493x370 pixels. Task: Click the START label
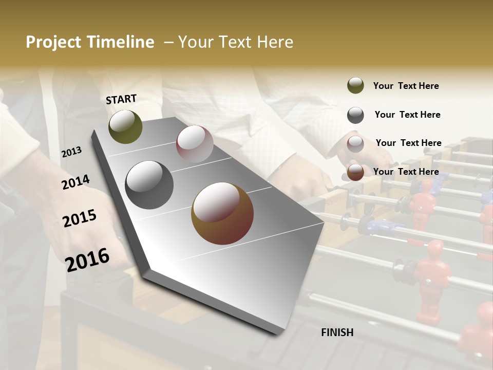(121, 99)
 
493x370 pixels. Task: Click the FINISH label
(337, 332)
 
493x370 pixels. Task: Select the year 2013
(71, 152)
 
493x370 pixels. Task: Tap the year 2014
(75, 182)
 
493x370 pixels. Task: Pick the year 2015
(80, 218)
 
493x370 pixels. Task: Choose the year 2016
(87, 260)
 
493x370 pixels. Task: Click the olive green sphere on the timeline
(125, 126)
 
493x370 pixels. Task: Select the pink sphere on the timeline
(195, 144)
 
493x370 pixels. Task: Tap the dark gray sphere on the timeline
(149, 184)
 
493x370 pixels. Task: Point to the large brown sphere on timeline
(222, 213)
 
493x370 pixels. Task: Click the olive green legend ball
(355, 86)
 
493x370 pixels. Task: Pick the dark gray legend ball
(355, 115)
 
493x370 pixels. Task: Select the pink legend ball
(355, 144)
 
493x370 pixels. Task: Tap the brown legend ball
(355, 172)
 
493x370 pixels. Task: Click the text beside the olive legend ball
(406, 86)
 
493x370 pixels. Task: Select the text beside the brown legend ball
(406, 172)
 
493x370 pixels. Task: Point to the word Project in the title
(53, 42)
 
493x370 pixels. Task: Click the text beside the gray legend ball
(407, 115)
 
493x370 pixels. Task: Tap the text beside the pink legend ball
(408, 143)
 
